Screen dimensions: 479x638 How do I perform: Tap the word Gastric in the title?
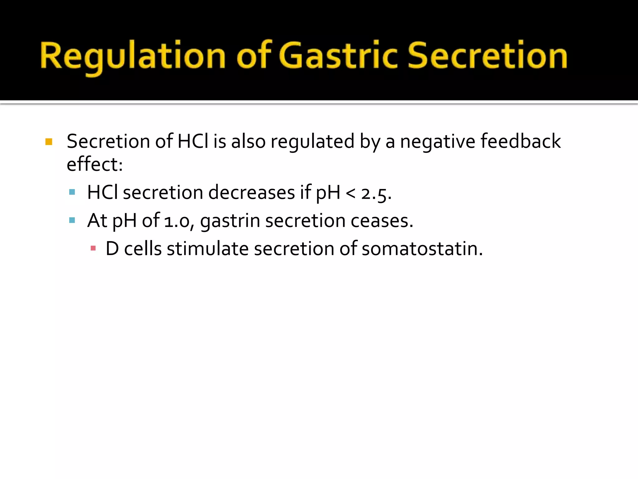click(x=338, y=56)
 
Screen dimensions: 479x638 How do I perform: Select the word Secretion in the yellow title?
click(x=488, y=56)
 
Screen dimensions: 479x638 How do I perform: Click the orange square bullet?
click(x=49, y=142)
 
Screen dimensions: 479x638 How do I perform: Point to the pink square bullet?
click(x=93, y=249)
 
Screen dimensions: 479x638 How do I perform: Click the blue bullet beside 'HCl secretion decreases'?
click(x=72, y=192)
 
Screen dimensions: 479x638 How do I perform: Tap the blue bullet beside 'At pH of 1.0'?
click(x=72, y=220)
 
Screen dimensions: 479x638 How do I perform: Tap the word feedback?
click(x=521, y=141)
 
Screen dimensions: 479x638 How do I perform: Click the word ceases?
click(x=382, y=221)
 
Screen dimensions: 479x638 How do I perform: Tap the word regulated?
click(x=312, y=142)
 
